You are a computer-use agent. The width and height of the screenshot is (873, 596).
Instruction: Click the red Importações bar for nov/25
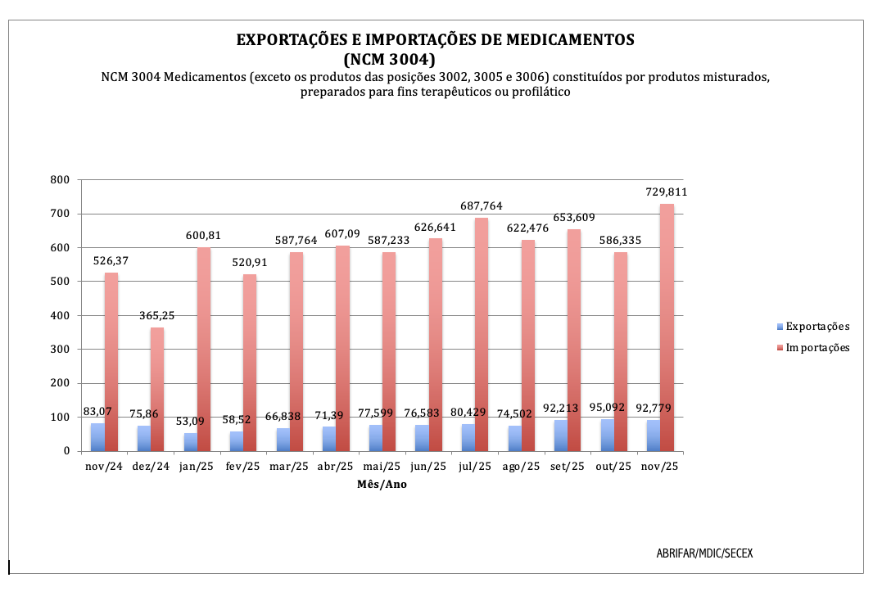tap(667, 327)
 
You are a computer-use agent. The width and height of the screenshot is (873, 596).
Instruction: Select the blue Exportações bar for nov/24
tap(97, 437)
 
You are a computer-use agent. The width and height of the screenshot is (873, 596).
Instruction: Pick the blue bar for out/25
tap(607, 435)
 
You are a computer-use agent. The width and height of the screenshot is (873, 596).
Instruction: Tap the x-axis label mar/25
tap(289, 467)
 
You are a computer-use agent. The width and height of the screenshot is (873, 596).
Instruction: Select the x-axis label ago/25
tap(521, 467)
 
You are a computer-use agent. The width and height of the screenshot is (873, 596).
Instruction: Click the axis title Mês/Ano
tap(382, 484)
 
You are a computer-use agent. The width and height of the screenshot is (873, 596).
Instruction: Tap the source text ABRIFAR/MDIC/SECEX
tap(704, 553)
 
